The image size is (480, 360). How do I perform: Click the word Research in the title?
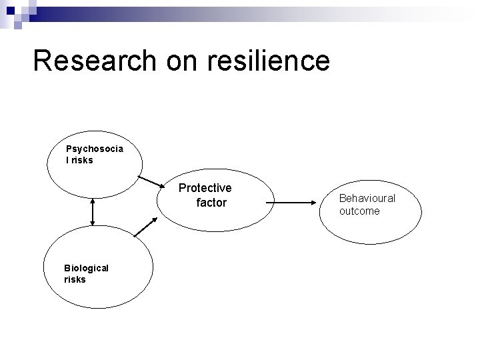(92, 60)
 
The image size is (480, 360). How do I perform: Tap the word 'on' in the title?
(179, 60)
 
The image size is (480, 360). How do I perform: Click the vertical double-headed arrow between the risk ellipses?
(93, 211)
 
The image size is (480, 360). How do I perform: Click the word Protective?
(205, 188)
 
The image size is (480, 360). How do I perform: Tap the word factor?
(211, 202)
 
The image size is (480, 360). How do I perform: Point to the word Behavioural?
(367, 198)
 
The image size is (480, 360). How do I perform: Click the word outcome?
(359, 211)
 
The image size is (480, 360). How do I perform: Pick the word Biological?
(86, 267)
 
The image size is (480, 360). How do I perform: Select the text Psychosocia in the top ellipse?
(94, 149)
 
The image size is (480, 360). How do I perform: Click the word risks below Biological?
(75, 279)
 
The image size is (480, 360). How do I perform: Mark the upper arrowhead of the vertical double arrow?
(93, 201)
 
